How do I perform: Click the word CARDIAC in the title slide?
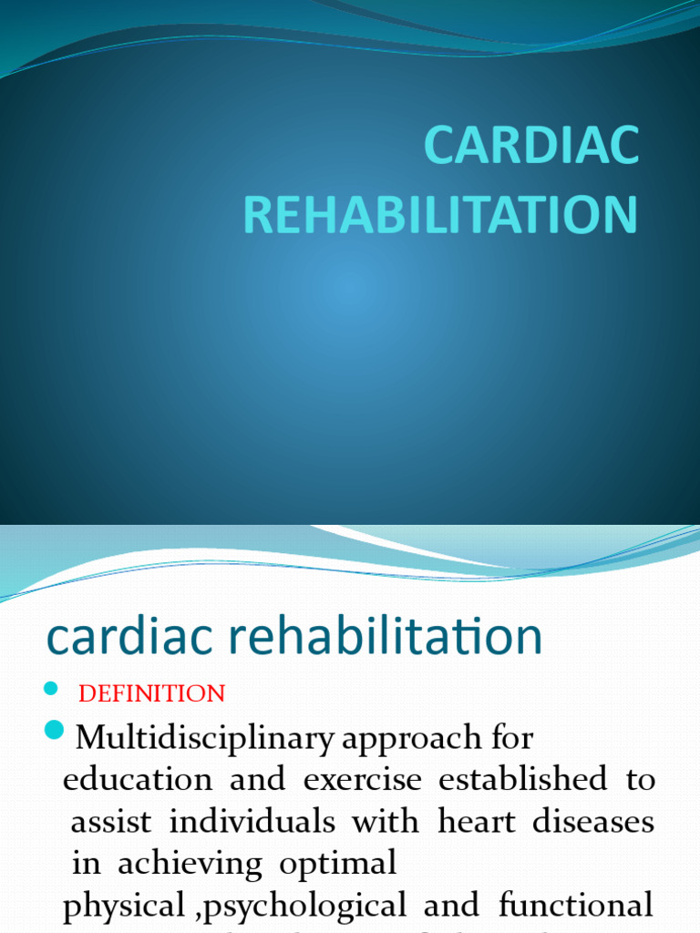click(531, 147)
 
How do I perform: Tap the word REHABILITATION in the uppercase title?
click(440, 215)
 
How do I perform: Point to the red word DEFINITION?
click(152, 693)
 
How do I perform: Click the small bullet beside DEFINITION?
click(51, 687)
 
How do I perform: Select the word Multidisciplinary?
click(206, 738)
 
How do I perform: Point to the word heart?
click(478, 822)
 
